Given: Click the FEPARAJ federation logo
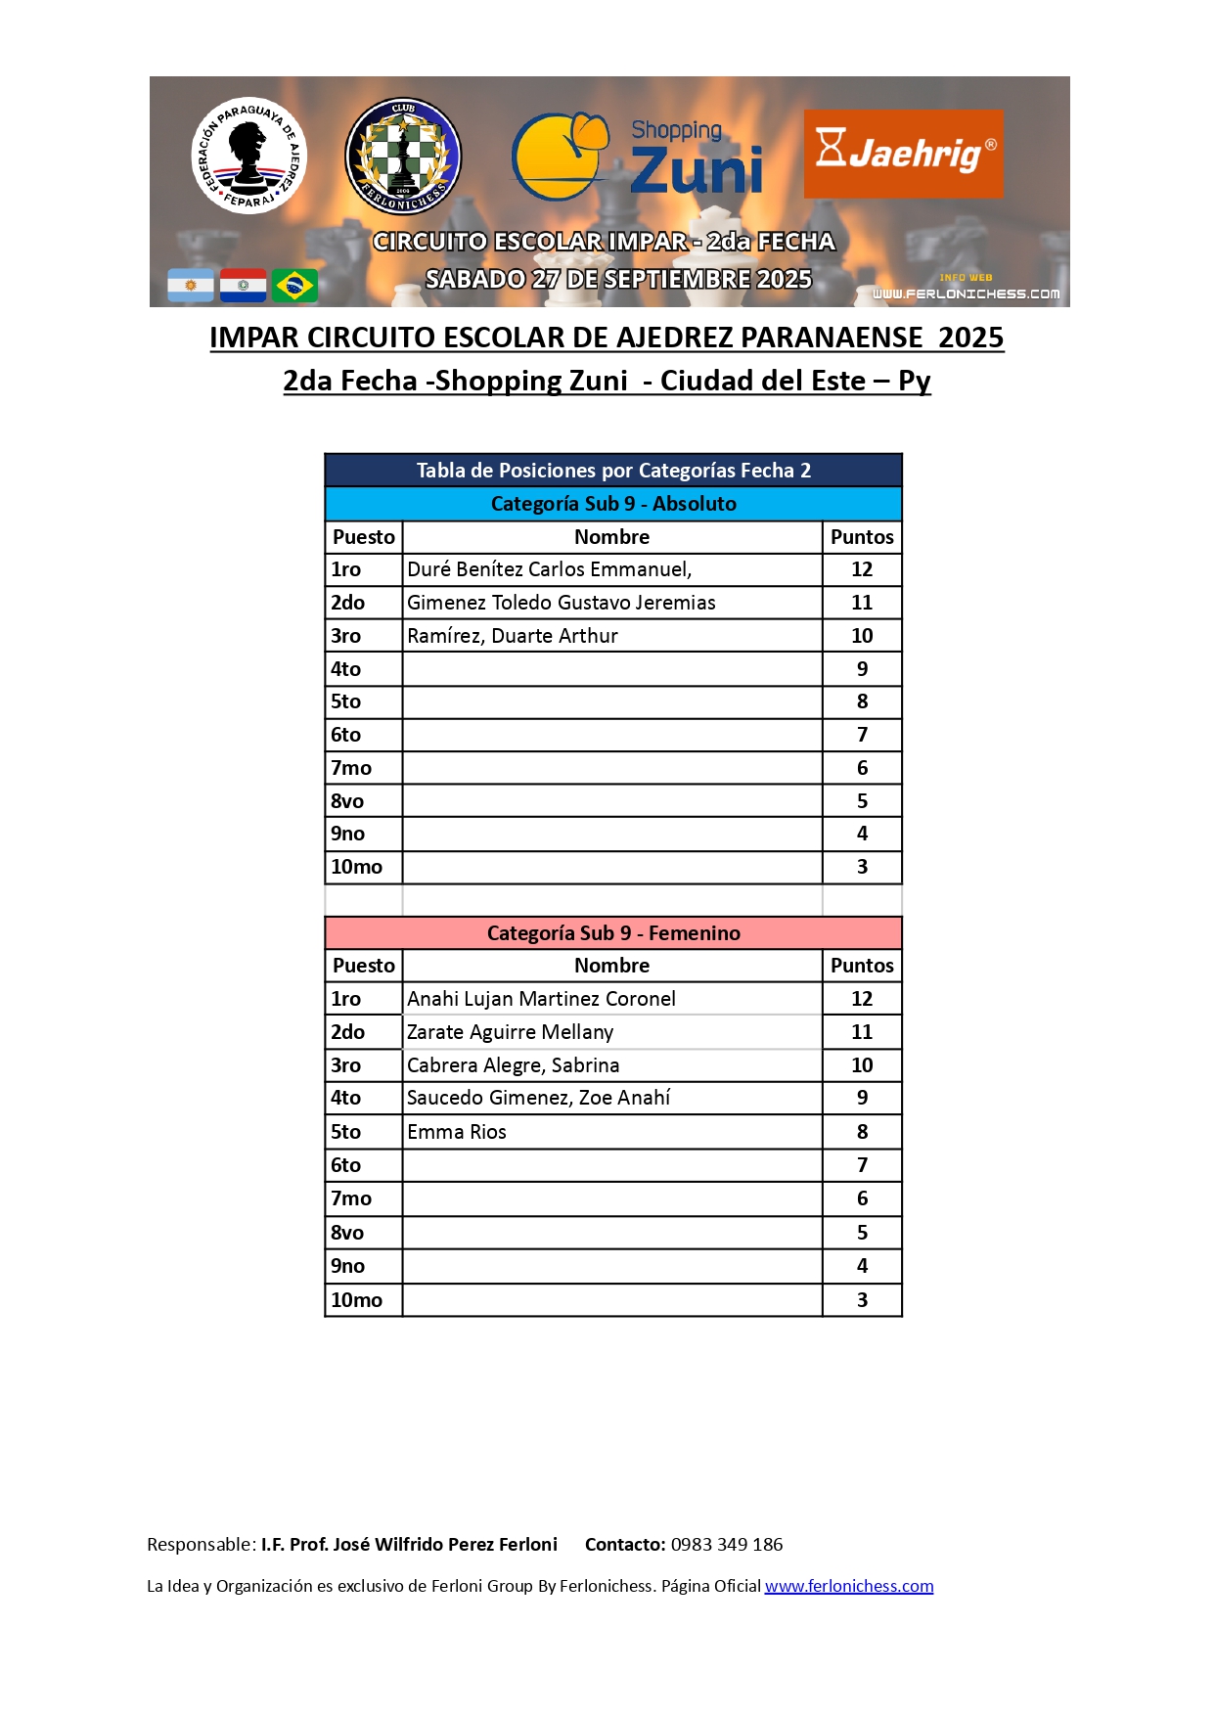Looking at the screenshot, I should click(x=248, y=156).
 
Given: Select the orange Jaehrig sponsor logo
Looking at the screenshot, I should click(x=903, y=154).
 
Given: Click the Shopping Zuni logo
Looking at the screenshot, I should click(x=638, y=157).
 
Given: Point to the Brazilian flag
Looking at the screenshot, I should click(x=294, y=285).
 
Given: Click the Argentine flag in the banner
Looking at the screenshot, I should click(x=191, y=285).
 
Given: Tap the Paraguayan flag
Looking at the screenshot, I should click(x=243, y=285).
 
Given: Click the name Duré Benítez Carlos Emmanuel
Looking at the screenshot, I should click(x=549, y=569).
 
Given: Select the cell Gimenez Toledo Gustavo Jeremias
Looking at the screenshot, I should click(x=561, y=603).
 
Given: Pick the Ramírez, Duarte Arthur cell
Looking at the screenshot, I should click(x=513, y=636).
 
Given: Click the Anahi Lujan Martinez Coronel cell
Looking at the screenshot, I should click(x=541, y=999).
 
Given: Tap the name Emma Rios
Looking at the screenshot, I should click(x=457, y=1132).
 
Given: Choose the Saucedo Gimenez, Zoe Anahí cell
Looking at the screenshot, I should click(x=538, y=1098).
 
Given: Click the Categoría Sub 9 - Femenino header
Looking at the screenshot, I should click(x=613, y=933).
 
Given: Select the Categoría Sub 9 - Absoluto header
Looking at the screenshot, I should click(x=613, y=504).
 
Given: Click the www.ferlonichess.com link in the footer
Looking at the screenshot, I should click(x=848, y=1586).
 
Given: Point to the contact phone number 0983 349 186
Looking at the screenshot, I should click(x=727, y=1545).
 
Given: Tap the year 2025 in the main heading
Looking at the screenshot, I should click(x=970, y=338).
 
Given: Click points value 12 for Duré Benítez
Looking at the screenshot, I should click(x=862, y=569).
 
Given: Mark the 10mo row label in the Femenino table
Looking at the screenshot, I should click(x=357, y=1300).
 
